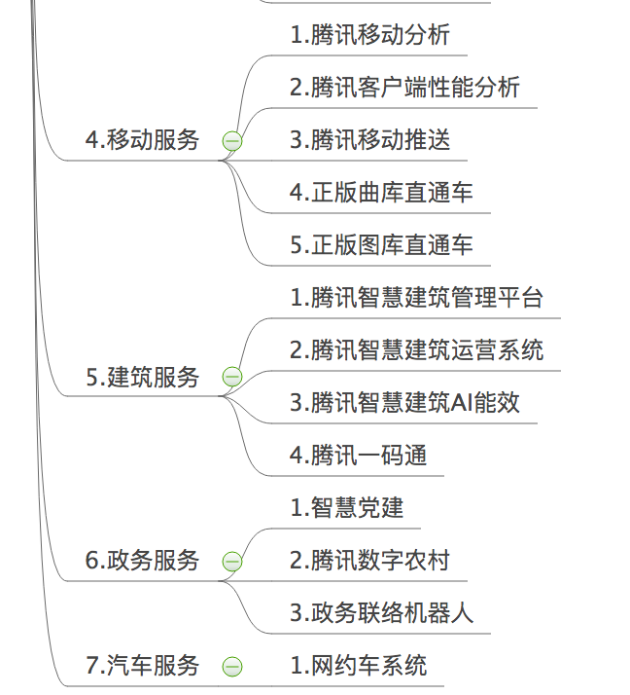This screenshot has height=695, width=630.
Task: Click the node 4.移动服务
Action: [x=142, y=140]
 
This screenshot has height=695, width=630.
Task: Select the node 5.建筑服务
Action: [x=142, y=377]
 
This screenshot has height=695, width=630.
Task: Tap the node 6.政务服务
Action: [x=142, y=560]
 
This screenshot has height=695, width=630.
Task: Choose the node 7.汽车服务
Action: [x=142, y=666]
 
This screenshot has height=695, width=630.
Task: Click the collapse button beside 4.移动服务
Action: [x=232, y=142]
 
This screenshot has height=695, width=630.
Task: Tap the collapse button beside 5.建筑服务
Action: [x=232, y=378]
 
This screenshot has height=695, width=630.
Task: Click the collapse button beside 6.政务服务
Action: [x=232, y=562]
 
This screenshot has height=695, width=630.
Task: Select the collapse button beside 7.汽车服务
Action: [x=232, y=667]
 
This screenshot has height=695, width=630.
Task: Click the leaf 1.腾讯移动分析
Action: [x=369, y=36]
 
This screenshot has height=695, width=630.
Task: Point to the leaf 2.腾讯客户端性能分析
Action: [x=404, y=88]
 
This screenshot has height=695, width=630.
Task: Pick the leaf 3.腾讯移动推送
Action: [x=369, y=140]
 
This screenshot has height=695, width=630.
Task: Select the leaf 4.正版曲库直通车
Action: [x=381, y=193]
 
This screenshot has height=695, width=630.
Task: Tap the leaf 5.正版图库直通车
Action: [x=381, y=245]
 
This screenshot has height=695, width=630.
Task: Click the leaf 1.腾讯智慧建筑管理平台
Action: [x=416, y=298]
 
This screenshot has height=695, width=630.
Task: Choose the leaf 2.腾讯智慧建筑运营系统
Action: [x=416, y=350]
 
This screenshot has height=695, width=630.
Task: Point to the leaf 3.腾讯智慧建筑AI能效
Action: [x=404, y=402]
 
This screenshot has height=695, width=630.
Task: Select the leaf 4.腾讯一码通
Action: [x=358, y=455]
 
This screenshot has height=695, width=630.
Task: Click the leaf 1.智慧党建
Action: [x=346, y=507]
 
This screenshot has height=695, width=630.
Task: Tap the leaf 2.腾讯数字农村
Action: [x=369, y=560]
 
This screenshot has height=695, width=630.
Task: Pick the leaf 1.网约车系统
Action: [x=358, y=666]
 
